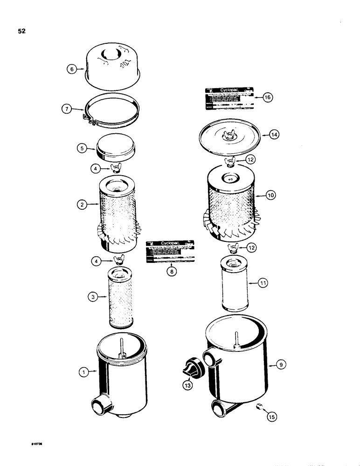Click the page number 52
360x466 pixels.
pos(22,32)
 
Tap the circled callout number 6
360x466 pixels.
pos(72,69)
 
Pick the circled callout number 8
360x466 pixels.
pos(171,274)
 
